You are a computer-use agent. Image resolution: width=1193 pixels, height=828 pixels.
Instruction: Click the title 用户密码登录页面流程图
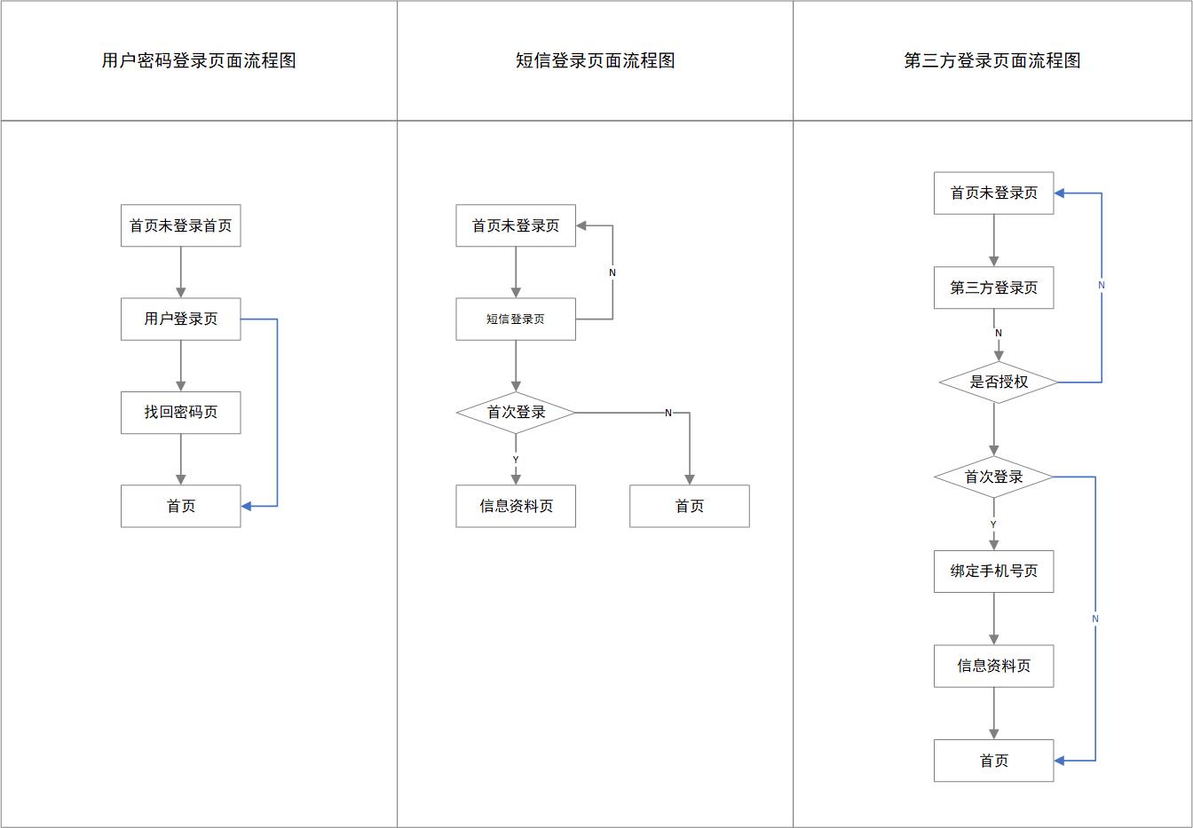(199, 60)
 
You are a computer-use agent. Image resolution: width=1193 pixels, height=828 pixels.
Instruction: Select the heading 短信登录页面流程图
(595, 60)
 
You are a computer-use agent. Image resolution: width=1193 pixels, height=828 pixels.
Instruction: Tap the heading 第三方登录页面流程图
(992, 60)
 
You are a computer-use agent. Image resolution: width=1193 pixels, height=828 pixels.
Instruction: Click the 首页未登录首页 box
(180, 225)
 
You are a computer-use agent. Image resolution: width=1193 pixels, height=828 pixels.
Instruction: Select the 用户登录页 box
(180, 319)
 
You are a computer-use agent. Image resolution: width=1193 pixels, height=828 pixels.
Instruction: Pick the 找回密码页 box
(180, 412)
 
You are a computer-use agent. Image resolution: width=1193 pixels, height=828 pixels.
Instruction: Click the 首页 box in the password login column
(180, 506)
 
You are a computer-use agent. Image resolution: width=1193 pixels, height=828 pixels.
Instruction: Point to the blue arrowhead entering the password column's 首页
(247, 506)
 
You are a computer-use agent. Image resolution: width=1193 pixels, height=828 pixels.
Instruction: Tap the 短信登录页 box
(515, 319)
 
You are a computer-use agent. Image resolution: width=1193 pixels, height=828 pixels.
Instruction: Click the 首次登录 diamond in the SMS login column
(515, 413)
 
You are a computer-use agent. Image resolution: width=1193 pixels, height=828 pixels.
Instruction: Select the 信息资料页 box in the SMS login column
(515, 506)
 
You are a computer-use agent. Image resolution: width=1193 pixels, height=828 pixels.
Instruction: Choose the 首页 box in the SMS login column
(689, 506)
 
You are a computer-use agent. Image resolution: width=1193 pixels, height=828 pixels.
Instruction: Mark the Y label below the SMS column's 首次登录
(515, 460)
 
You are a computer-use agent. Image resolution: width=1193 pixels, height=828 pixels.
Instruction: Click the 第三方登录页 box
(993, 288)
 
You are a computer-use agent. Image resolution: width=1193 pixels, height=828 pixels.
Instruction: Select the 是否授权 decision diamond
(998, 382)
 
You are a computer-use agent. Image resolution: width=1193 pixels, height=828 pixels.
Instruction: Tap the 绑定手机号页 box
(993, 571)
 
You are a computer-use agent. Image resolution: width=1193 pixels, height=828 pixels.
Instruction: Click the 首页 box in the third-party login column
(993, 761)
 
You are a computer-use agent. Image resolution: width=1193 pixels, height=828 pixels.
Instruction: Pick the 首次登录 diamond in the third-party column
(993, 477)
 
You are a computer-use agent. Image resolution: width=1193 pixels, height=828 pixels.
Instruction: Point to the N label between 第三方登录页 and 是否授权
(998, 334)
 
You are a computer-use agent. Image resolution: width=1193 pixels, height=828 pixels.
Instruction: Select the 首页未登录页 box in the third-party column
(993, 193)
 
